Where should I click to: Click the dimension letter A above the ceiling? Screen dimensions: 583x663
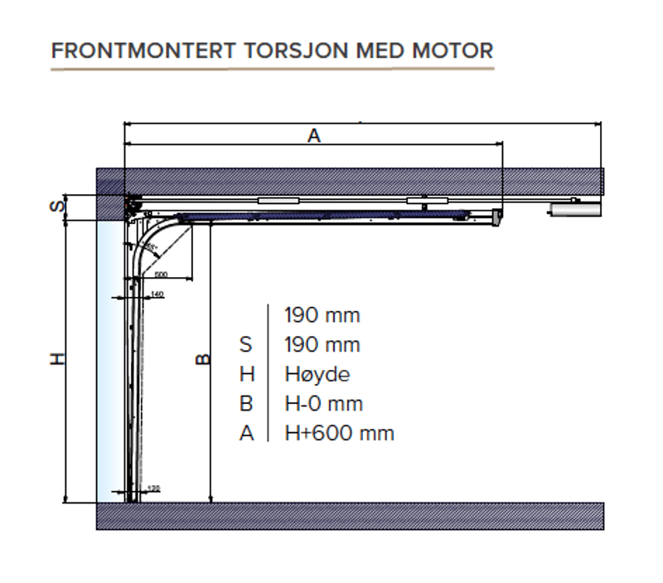[313, 135]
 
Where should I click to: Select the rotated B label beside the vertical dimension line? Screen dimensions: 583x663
[201, 359]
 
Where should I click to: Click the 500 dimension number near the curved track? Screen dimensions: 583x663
[161, 273]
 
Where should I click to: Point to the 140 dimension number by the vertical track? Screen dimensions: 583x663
[157, 294]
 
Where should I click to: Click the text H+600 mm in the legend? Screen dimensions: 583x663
[339, 433]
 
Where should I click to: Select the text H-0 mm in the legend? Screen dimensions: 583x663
[323, 404]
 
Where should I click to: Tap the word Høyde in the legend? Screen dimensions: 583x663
[317, 374]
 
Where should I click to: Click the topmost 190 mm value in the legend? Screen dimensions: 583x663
[322, 315]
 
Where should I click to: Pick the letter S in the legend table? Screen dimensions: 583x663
[246, 345]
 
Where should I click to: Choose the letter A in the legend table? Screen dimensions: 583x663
[246, 433]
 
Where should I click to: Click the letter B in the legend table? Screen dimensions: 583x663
[246, 404]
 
